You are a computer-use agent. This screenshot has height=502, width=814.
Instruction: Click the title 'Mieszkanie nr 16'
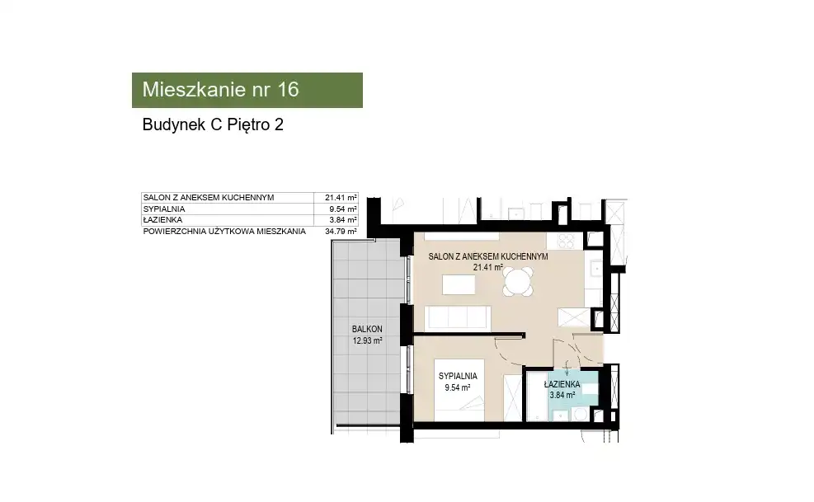pos(221,89)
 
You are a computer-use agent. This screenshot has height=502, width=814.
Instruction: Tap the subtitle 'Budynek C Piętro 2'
pos(213,124)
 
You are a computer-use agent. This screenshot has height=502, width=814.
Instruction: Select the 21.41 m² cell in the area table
pos(341,197)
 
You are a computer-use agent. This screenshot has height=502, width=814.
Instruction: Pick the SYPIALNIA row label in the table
pos(164,209)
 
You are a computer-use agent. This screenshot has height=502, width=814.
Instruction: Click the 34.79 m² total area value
pos(341,232)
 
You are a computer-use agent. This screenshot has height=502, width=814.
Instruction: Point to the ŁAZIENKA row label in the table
pos(162,219)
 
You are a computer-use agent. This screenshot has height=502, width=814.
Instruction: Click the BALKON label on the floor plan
pos(367,329)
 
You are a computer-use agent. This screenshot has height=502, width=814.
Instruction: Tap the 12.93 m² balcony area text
pos(367,340)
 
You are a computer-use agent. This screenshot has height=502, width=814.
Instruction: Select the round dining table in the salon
pos(518,282)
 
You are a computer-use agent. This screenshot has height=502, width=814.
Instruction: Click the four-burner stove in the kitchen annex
pos(564,241)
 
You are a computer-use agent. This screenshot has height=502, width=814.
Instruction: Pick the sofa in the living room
pos(458,317)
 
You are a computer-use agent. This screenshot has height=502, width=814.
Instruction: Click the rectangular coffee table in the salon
pos(459,284)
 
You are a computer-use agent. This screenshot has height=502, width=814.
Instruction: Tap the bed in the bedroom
pos(459,390)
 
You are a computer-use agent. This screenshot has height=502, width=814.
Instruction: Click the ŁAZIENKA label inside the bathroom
pos(562,385)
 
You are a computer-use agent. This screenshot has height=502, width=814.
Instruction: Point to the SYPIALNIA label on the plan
pos(458,377)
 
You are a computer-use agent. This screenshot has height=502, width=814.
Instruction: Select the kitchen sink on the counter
pos(595,269)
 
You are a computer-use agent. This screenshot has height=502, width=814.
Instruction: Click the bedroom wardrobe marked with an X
pos(512,397)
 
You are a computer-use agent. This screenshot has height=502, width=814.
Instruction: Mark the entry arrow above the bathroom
pos(567,368)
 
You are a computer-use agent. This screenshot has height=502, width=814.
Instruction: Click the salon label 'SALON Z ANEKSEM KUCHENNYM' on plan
pos(488,256)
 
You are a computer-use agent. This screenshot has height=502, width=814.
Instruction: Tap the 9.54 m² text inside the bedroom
pos(458,387)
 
